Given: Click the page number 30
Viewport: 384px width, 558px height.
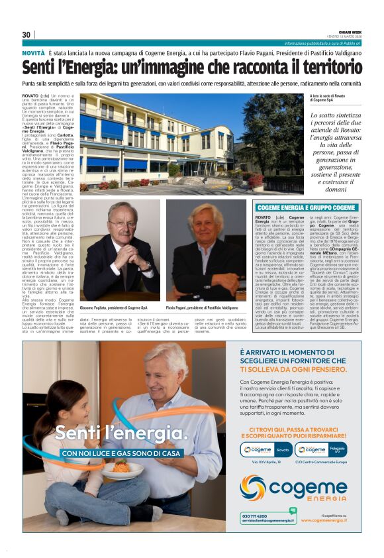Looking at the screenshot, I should (26, 34).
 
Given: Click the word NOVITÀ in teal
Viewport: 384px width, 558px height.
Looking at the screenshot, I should (33, 52).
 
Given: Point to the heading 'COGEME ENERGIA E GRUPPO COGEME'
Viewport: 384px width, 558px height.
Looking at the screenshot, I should (306, 208).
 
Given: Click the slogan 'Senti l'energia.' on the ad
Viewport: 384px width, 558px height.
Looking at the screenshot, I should (121, 434).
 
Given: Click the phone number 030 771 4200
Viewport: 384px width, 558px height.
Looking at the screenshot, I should (255, 515).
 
